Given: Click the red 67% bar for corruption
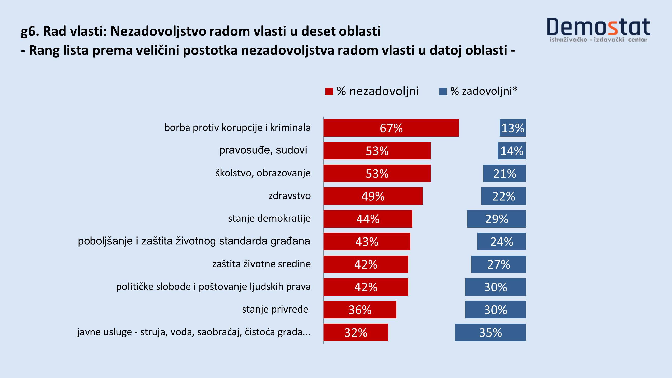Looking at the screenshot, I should click(x=391, y=128).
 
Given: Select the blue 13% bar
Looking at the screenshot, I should click(x=513, y=128).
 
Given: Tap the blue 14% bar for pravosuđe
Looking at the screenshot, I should click(x=512, y=150).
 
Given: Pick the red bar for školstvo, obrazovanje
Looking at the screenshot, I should click(x=377, y=173).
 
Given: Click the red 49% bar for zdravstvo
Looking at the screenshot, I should click(x=373, y=196).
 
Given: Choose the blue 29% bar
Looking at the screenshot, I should click(x=496, y=219).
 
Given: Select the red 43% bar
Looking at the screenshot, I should click(x=367, y=241).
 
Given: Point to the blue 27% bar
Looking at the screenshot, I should click(x=498, y=264).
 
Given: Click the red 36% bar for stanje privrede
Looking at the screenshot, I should click(x=360, y=310).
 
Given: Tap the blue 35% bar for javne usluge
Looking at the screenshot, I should click(x=491, y=332).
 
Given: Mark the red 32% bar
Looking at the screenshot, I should click(x=356, y=332).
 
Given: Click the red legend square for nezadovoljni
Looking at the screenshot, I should click(x=329, y=92).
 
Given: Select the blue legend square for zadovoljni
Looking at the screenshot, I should click(x=443, y=92).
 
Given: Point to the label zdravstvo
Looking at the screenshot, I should click(x=290, y=196).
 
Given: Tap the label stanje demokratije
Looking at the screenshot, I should click(x=269, y=218).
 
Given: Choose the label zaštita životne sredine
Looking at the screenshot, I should click(x=261, y=264).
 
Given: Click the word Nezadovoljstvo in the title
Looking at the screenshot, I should click(x=158, y=31).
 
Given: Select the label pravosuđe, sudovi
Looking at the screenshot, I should click(x=263, y=150).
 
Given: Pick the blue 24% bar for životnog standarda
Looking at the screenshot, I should click(x=501, y=241).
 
